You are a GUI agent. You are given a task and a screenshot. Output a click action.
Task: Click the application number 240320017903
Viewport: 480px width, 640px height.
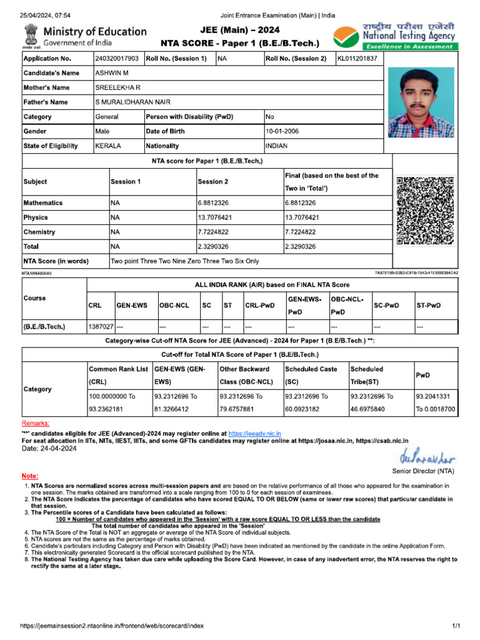[x=117, y=59]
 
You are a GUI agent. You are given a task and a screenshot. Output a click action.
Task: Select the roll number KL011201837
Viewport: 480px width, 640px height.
[x=357, y=59]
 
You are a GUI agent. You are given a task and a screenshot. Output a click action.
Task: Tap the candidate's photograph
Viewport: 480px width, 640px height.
[x=421, y=102]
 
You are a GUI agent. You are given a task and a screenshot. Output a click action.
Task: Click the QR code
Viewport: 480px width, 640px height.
[x=425, y=211]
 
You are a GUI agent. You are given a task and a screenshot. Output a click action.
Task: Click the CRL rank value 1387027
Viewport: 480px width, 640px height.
[x=101, y=326]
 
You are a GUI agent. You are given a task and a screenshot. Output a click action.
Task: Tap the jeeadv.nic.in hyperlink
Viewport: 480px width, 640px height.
[x=254, y=433]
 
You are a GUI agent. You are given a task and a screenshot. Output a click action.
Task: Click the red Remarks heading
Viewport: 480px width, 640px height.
[x=36, y=424]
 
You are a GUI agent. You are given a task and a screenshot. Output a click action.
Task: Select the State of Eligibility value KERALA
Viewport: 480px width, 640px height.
[x=108, y=146]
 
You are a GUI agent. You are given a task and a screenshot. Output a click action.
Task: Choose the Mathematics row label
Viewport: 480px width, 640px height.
[x=43, y=203]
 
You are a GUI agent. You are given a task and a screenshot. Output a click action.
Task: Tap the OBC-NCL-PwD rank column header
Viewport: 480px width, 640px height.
[x=347, y=306]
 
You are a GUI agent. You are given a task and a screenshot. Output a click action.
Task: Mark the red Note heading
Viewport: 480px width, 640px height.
[x=29, y=476]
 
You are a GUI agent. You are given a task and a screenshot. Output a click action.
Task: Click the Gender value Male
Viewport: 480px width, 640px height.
[x=102, y=131]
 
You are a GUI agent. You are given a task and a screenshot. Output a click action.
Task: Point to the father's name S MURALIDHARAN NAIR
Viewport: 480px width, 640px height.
[x=132, y=102]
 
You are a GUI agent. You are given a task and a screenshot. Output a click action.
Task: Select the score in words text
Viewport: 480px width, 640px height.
[x=184, y=261]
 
